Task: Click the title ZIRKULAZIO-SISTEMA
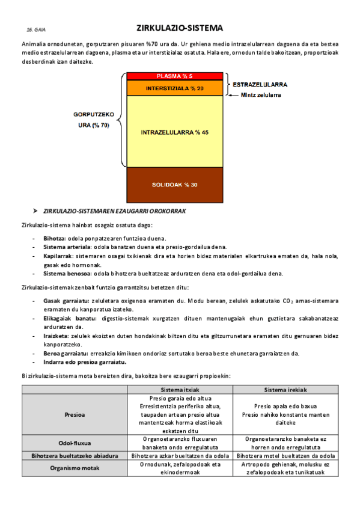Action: [x=179, y=28]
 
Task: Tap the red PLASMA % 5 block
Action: [x=174, y=76]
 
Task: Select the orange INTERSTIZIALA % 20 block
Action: [x=174, y=88]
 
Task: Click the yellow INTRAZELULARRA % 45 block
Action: [x=174, y=132]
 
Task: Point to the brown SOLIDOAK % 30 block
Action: [x=174, y=184]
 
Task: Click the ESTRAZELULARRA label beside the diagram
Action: [x=259, y=85]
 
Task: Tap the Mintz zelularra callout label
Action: [x=261, y=95]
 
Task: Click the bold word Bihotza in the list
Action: [x=55, y=239]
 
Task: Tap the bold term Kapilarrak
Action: [x=58, y=256]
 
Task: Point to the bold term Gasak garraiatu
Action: [x=66, y=300]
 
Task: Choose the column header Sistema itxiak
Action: [x=179, y=390]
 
